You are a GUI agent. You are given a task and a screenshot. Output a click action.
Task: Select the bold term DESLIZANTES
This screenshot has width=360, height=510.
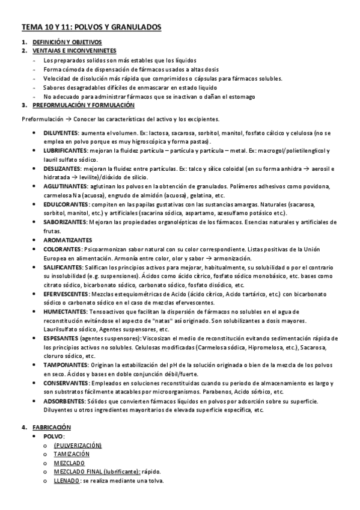pos(62,170)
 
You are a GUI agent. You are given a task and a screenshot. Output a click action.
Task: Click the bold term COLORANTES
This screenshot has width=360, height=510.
pos(62,249)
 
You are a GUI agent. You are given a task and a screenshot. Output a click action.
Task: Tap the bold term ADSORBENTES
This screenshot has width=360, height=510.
pos(64,401)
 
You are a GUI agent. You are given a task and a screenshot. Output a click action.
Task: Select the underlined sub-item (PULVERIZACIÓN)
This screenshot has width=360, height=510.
pos(78,446)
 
